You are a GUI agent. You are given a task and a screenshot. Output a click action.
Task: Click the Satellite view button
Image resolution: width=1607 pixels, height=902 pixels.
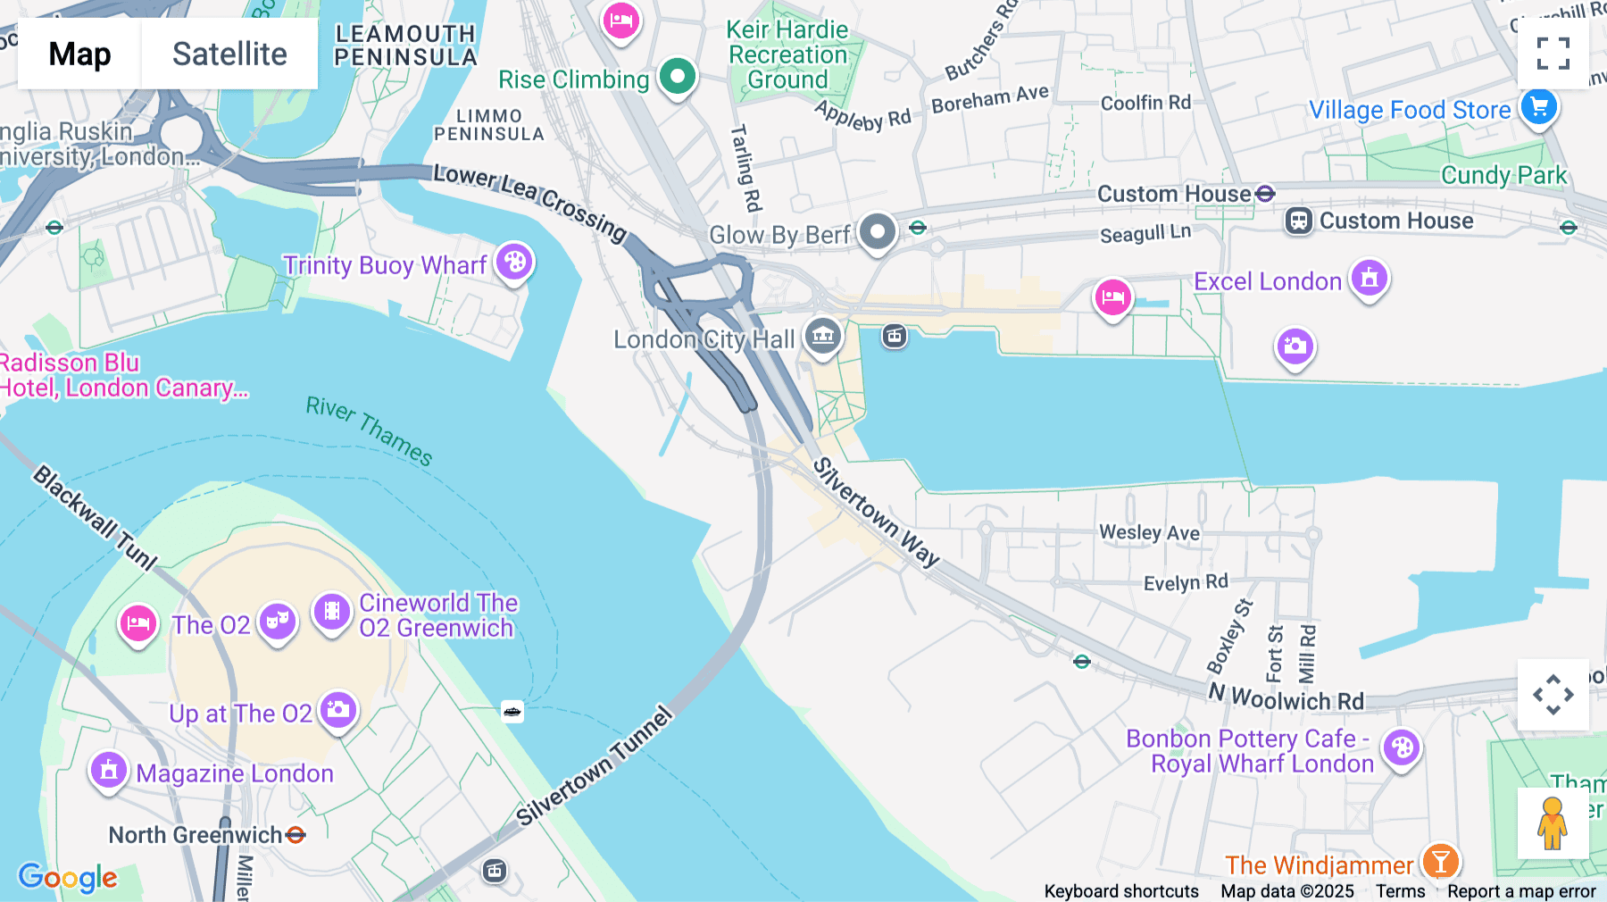[229, 54]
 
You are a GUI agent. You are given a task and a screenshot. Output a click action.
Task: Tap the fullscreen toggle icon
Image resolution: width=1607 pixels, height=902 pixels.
[1553, 54]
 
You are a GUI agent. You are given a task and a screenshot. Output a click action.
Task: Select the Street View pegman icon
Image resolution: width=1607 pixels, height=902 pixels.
[1552, 823]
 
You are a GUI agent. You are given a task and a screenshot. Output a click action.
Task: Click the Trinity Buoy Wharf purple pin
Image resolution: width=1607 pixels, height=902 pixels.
[514, 263]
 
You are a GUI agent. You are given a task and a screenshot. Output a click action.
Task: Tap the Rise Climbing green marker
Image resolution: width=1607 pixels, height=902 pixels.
[678, 77]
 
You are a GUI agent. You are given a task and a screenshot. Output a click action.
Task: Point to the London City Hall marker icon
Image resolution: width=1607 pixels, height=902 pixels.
[822, 337]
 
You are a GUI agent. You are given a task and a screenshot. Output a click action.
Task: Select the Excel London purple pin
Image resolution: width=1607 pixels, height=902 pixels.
[1369, 279]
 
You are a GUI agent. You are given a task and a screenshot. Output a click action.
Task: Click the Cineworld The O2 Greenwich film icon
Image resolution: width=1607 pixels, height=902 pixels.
[331, 612]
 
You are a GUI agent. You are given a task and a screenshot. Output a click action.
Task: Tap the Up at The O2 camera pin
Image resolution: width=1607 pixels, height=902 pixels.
[338, 710]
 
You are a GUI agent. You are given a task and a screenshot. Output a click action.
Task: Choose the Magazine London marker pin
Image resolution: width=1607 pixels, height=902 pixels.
[109, 770]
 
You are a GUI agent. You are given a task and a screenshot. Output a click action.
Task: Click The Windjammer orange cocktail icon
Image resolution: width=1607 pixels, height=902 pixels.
[1440, 863]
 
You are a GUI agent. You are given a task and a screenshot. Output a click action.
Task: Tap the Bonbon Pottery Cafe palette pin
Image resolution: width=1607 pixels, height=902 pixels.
[1402, 748]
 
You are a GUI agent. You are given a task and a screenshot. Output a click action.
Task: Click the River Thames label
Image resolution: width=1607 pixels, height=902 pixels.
[370, 431]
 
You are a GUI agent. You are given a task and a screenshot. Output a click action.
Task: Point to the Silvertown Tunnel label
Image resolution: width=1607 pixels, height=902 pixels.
[594, 766]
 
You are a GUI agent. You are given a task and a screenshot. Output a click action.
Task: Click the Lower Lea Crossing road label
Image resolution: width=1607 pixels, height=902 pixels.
[530, 202]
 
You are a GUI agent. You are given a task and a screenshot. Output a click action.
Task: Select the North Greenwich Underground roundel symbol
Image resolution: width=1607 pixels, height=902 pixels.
[296, 835]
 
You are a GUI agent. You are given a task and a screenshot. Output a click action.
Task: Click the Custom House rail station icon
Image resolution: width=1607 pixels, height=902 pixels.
[1298, 221]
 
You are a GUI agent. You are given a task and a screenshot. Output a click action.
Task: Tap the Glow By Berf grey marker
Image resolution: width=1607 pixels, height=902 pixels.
[878, 232]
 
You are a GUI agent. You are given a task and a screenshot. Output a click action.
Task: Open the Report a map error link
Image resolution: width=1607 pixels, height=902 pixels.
[1521, 891]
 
